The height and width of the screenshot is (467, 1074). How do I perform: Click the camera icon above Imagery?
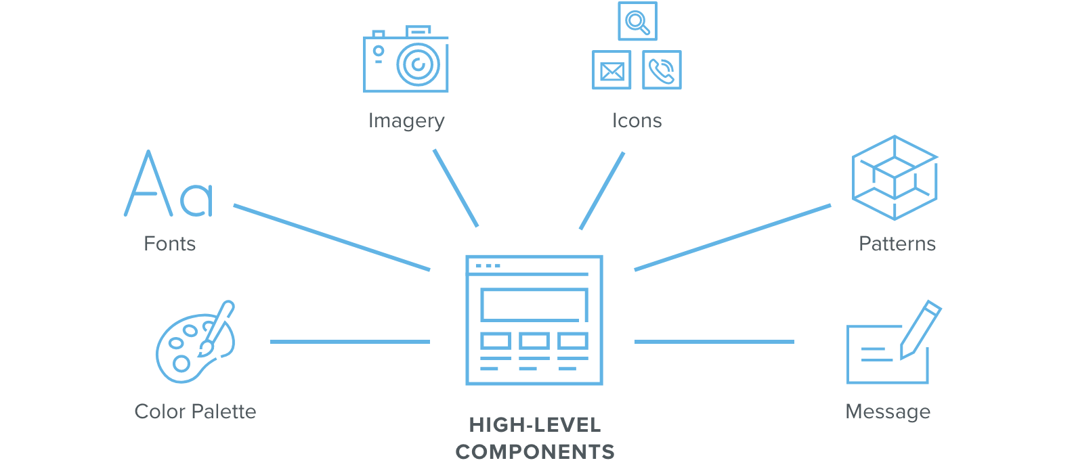coord(406,61)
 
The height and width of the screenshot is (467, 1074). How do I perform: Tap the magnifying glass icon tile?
coord(637,22)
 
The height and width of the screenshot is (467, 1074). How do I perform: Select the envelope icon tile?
coord(611,70)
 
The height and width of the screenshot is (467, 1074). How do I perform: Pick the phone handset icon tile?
coord(662,70)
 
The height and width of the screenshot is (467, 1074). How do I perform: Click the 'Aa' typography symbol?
coord(169,185)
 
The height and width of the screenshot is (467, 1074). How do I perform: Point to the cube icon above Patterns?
coord(894,177)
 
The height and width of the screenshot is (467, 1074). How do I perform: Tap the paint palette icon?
coord(195,342)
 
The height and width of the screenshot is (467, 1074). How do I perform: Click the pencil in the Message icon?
coord(920,329)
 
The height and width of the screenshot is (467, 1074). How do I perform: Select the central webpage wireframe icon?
coord(534,320)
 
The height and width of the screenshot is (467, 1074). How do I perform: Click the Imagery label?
coord(406,120)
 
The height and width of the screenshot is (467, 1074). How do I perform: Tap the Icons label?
coord(637,120)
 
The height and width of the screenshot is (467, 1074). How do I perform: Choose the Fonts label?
coord(169,244)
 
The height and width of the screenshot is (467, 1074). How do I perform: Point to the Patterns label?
coord(897,244)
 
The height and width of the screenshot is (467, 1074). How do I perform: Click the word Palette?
coord(224,412)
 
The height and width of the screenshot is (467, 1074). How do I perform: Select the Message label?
coord(888,412)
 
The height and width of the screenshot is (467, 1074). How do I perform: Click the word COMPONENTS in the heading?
coord(535,451)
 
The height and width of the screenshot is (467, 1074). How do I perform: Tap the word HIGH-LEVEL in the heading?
coord(535,425)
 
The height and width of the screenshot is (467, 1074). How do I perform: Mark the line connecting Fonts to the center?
coord(332,238)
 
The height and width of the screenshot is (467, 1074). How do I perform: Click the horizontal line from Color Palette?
coord(349,342)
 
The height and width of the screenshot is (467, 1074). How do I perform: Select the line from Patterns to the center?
coord(732,238)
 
